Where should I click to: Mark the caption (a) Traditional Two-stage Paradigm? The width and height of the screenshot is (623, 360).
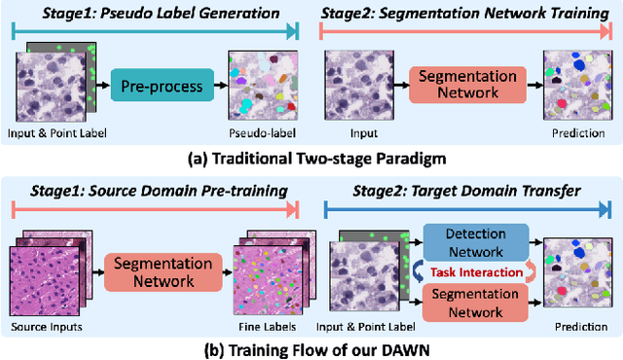pyautogui.click(x=311, y=155)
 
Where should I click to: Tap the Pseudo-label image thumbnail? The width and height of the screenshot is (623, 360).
pyautogui.click(x=261, y=86)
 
